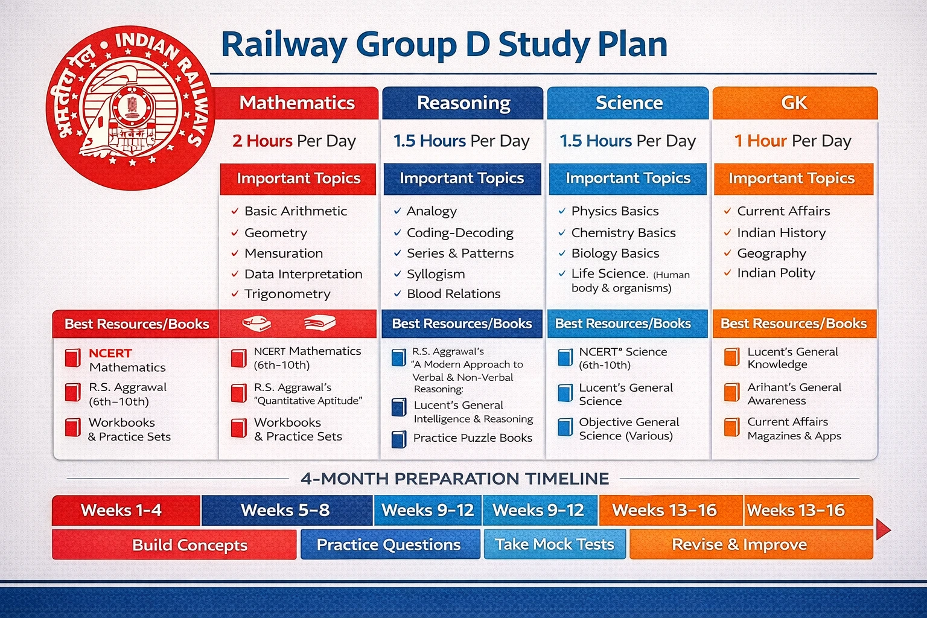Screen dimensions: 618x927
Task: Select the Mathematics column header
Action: pyautogui.click(x=297, y=103)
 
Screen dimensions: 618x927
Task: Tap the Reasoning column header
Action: pyautogui.click(x=463, y=103)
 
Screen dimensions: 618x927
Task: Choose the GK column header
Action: pyautogui.click(x=794, y=103)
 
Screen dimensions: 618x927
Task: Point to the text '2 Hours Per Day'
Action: pyautogui.click(x=294, y=141)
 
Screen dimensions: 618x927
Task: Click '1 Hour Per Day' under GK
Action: pyautogui.click(x=792, y=141)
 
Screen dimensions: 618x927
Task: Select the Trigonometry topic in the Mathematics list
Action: pyautogui.click(x=287, y=294)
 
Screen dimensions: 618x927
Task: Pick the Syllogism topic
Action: pyautogui.click(x=436, y=274)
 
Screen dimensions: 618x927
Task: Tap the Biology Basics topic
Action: pyautogui.click(x=615, y=253)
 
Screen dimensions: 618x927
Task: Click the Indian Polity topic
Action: pyautogui.click(x=776, y=273)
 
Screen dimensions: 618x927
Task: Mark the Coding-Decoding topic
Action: pyautogui.click(x=460, y=233)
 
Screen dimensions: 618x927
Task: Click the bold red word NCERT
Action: pyautogui.click(x=110, y=353)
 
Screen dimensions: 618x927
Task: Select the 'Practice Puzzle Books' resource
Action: pyautogui.click(x=473, y=438)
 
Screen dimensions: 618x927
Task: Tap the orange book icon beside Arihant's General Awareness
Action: pyautogui.click(x=731, y=393)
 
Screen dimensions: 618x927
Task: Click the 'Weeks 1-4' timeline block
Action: pyautogui.click(x=121, y=511)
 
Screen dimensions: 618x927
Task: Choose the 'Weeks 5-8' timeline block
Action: pyautogui.click(x=285, y=511)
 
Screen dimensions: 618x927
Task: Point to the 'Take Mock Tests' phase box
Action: pyautogui.click(x=554, y=544)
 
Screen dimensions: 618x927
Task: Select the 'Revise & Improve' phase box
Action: pyautogui.click(x=739, y=544)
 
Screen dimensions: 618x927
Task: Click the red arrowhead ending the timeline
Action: pyautogui.click(x=882, y=529)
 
